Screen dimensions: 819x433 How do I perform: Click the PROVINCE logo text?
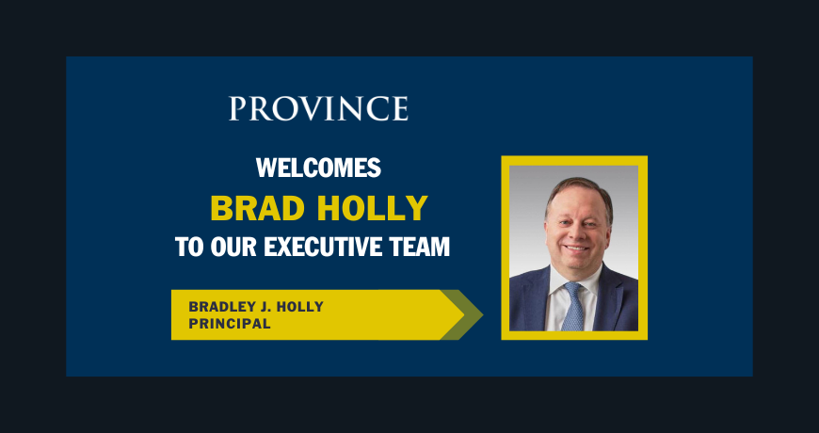point(318,108)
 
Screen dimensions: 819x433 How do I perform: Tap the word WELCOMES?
point(318,168)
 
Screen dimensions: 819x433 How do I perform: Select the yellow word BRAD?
point(258,208)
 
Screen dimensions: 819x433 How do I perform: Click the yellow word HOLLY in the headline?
point(373,208)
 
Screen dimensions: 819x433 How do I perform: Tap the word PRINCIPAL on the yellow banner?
point(230,324)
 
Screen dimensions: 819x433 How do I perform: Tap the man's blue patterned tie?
point(573,307)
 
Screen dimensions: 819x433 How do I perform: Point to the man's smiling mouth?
point(577,249)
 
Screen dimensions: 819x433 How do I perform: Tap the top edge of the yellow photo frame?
point(574,160)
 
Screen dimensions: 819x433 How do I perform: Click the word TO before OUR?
point(189,247)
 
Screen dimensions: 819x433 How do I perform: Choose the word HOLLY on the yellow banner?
point(299,307)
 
